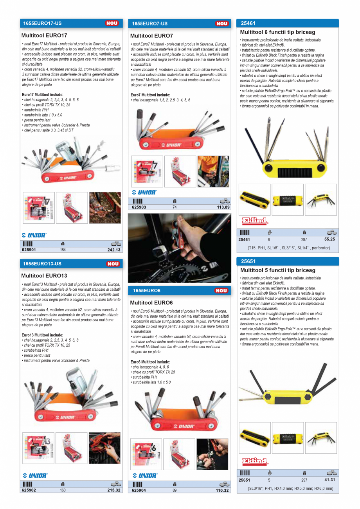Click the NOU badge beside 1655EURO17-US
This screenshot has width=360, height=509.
coord(112,23)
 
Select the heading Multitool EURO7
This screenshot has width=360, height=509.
coord(151,36)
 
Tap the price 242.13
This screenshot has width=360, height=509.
coord(114,250)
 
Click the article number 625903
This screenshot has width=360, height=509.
coord(139,207)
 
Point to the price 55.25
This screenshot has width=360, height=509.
coord(329,239)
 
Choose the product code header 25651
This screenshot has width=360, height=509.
coord(248,261)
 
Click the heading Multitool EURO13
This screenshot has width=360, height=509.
coord(44,276)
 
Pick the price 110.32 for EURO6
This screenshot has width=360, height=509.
coord(222,490)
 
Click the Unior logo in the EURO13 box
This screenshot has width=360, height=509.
coord(35,475)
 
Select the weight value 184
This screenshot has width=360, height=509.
coord(63,250)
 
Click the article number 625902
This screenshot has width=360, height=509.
coord(29,490)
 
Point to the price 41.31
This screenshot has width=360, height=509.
coord(329,480)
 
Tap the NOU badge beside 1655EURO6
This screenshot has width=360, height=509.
coord(221,291)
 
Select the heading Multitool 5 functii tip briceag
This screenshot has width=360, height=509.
coord(277,270)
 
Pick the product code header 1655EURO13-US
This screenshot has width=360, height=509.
coord(41,264)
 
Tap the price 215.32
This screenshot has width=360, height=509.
coord(114,490)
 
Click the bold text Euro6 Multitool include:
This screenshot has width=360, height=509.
coord(150,362)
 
